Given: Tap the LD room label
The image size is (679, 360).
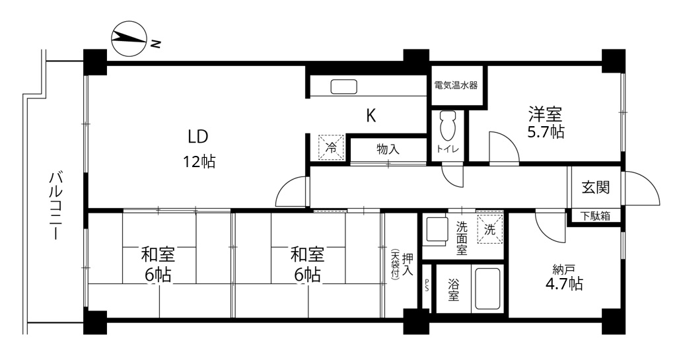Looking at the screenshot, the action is coord(197,137).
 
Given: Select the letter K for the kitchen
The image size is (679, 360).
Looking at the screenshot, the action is coord(371,116).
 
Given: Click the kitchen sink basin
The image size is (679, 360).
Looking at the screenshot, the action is coord(344,87).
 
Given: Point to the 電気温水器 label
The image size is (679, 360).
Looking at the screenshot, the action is coord(456,85).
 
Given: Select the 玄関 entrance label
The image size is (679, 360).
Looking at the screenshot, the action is coord(595,187).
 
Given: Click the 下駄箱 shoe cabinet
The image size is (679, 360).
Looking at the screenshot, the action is coord(595,216).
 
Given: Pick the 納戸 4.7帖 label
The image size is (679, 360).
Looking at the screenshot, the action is coord(564,277).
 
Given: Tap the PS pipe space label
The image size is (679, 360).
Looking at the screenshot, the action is coord(427,287).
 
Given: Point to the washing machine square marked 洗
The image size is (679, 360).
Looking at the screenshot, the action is coord(490,229).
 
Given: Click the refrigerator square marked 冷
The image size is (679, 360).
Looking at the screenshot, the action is coord(332,148).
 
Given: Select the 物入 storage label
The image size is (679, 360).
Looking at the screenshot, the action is coord(388,149).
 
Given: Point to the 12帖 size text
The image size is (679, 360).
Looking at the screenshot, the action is coord(199,162).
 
